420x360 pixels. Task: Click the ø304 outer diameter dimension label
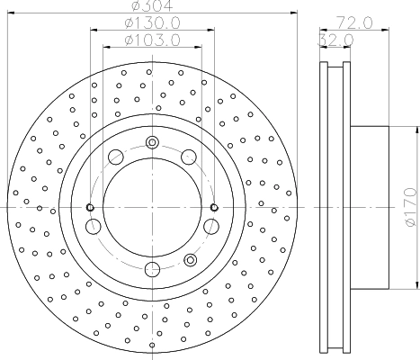(x=150, y=7)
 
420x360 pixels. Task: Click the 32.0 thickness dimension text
(x=334, y=40)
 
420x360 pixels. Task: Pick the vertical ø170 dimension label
(x=409, y=206)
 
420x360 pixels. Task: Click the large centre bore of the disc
(x=151, y=206)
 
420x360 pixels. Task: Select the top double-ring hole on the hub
(x=151, y=141)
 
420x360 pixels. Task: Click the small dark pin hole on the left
(x=90, y=208)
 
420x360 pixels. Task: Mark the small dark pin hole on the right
(x=213, y=208)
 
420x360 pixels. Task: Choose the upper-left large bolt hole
(x=114, y=157)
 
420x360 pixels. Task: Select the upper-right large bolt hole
(x=189, y=157)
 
